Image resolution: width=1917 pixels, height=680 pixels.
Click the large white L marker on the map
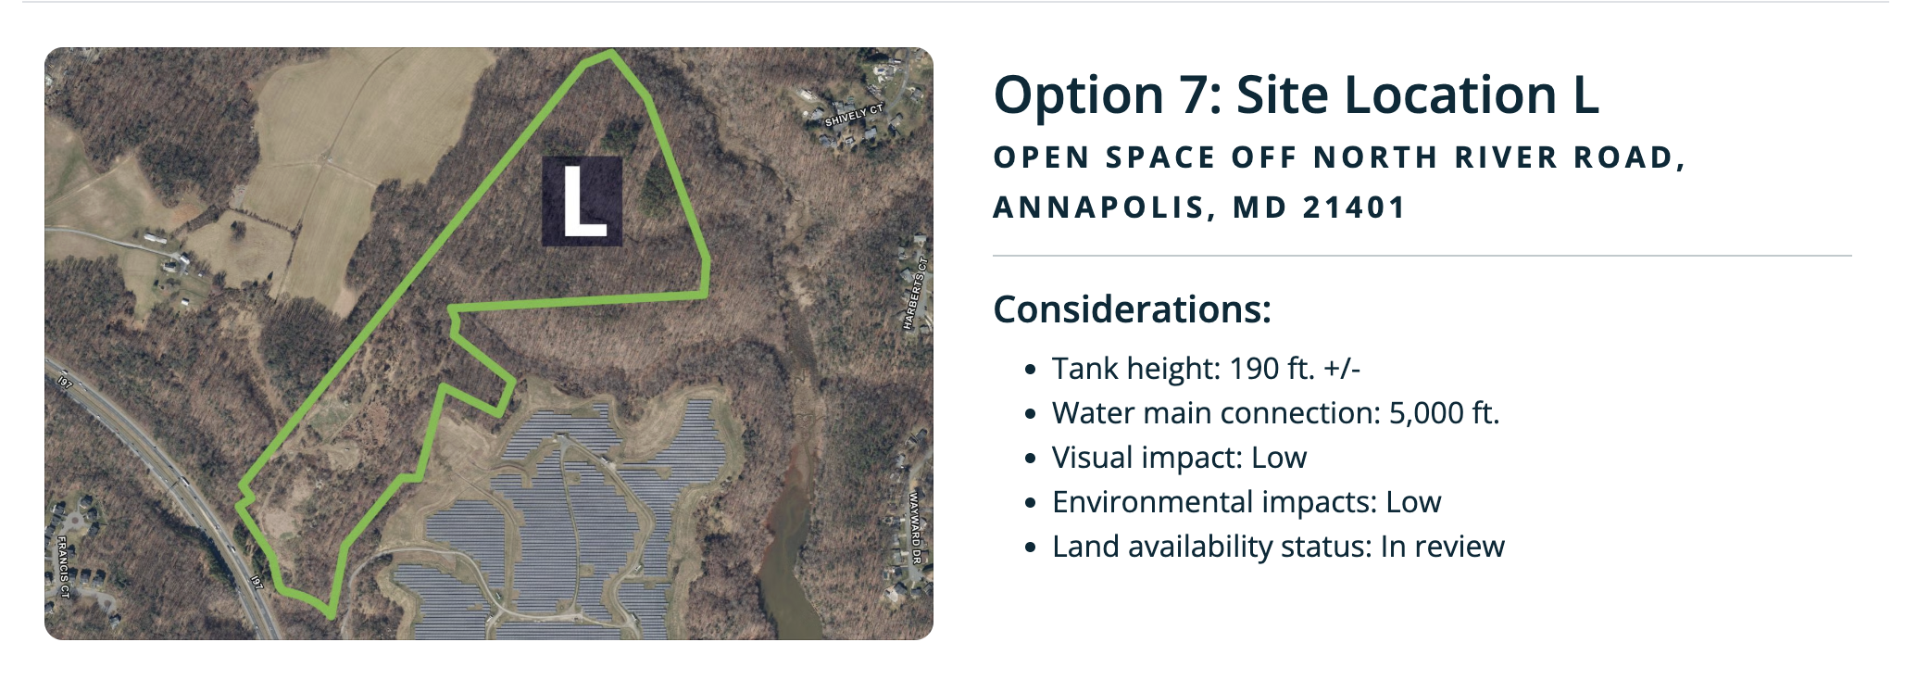(583, 201)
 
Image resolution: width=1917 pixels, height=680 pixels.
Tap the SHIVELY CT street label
(854, 116)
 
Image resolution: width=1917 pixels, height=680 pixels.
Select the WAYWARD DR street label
(916, 528)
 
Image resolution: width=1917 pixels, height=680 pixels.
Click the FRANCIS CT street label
(63, 566)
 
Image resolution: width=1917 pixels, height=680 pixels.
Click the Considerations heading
(1132, 309)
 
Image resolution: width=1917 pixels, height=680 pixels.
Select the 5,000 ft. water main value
(1444, 413)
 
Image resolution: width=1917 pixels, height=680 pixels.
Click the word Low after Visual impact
(1279, 458)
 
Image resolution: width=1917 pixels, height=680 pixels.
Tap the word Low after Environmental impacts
(1413, 502)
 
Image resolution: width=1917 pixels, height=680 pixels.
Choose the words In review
(1442, 547)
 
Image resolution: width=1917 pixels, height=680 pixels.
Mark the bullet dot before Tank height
(1030, 371)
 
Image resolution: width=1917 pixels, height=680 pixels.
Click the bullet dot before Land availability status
(1030, 548)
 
